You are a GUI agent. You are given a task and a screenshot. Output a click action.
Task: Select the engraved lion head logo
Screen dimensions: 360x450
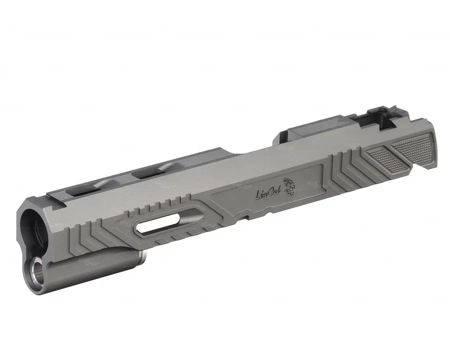[289, 186]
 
